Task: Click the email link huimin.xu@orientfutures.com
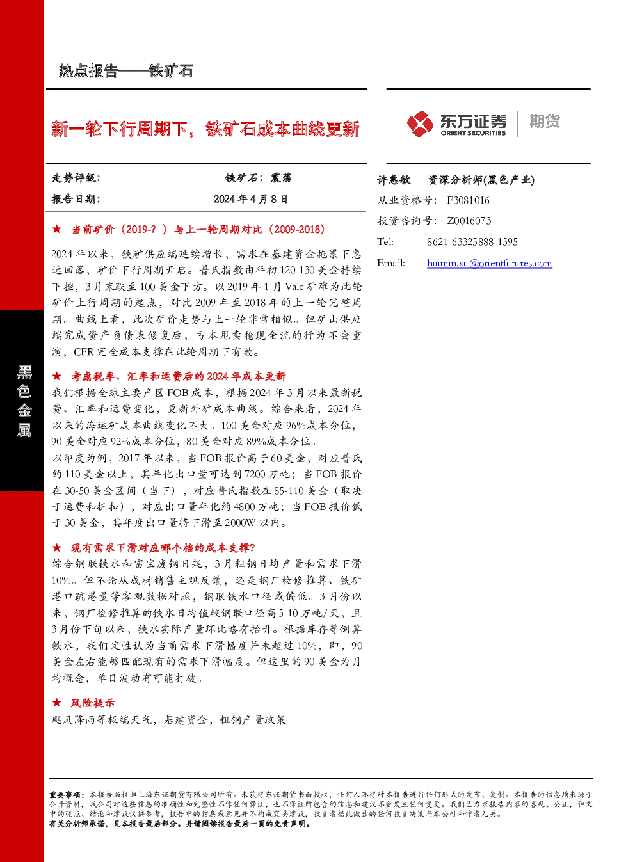(x=489, y=263)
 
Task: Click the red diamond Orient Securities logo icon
(x=421, y=124)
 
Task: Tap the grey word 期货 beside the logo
(x=545, y=121)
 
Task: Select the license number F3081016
(x=468, y=200)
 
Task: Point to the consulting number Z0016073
(x=469, y=221)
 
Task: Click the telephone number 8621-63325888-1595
(x=472, y=242)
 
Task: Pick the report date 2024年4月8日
(x=250, y=199)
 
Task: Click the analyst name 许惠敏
(x=393, y=180)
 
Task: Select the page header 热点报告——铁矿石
(x=126, y=71)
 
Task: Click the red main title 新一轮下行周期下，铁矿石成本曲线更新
(x=205, y=129)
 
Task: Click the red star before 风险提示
(x=56, y=703)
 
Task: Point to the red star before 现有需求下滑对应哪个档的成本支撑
(x=56, y=547)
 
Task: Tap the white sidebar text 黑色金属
(x=24, y=401)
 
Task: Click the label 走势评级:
(x=76, y=178)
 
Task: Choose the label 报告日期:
(x=76, y=199)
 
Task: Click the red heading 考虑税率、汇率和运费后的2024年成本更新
(x=178, y=376)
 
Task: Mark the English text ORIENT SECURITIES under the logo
(x=473, y=133)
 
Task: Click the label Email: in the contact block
(x=391, y=263)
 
